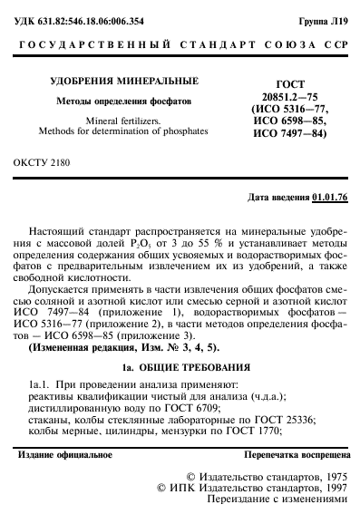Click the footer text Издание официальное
tap(65, 429)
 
